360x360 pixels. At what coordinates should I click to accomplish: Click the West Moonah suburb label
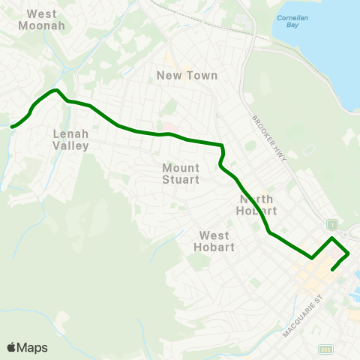[46, 19]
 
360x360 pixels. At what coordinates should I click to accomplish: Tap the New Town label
[187, 75]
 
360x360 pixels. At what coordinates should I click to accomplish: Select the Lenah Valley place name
[70, 139]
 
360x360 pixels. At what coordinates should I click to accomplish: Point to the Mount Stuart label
[181, 173]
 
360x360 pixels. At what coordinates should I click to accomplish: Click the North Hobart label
[258, 205]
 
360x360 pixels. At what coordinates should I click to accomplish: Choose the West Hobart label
[214, 241]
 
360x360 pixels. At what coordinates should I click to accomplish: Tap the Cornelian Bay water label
[288, 20]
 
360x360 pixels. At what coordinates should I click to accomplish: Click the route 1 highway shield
[330, 224]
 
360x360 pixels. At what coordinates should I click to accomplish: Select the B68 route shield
[325, 349]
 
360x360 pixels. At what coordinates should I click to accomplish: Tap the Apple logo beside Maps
[11, 347]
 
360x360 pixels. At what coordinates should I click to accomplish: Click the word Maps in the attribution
[32, 347]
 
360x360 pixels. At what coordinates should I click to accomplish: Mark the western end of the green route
[10, 127]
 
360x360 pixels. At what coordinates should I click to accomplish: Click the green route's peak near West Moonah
[55, 91]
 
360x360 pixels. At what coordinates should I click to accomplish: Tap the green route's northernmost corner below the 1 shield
[332, 238]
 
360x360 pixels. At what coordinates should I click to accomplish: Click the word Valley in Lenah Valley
[70, 145]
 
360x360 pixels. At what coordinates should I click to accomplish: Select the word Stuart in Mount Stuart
[181, 179]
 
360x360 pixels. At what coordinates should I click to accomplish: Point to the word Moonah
[46, 25]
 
